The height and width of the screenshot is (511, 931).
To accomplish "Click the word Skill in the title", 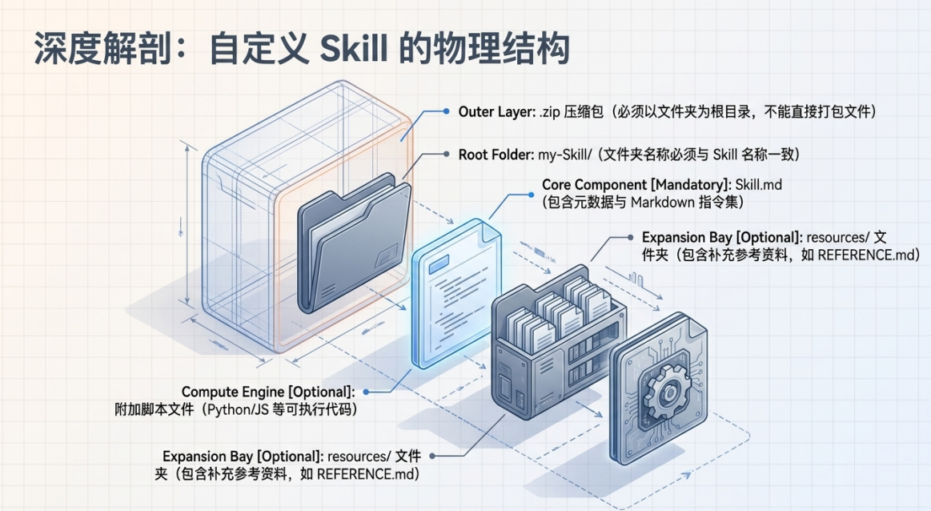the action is [x=354, y=48].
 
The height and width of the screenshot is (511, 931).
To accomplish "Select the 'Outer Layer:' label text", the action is [x=496, y=111].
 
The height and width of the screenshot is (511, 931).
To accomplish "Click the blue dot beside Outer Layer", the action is [x=446, y=111].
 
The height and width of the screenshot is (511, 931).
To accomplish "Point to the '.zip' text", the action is [x=550, y=112].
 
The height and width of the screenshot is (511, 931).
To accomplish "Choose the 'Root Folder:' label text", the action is [x=496, y=155].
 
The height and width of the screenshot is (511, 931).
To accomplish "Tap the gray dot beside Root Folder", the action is [x=446, y=154].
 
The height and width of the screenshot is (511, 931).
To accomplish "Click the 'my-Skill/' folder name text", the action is [x=565, y=155].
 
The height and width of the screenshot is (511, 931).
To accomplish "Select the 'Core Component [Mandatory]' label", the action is [x=636, y=185].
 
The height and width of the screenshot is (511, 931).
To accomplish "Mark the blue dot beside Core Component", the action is [x=531, y=195].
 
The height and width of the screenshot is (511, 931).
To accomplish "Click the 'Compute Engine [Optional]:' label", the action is [x=268, y=392].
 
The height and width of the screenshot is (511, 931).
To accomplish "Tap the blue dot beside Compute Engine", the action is [x=367, y=392].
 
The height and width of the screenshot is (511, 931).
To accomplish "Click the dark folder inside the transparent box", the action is [x=354, y=243].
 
